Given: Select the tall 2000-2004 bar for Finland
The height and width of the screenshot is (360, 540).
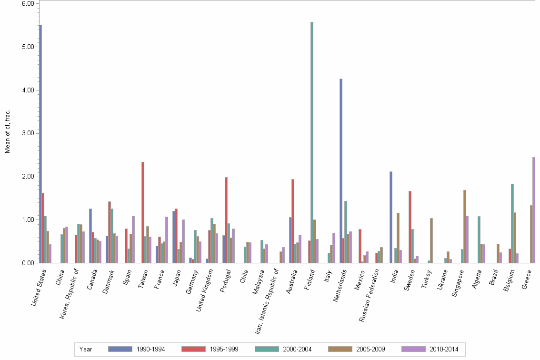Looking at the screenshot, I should [x=312, y=142].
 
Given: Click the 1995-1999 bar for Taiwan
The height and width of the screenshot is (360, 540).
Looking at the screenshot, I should [x=143, y=212].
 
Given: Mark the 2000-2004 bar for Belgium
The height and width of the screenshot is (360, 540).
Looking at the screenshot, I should [x=512, y=223].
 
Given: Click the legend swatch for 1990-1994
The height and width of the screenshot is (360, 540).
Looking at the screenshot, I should [x=120, y=349].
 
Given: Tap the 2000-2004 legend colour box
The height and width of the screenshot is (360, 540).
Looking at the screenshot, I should [x=267, y=349].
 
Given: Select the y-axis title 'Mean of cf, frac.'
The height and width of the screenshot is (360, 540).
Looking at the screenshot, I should [x=7, y=131].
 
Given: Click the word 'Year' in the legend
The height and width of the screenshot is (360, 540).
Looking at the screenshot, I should [x=86, y=349].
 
